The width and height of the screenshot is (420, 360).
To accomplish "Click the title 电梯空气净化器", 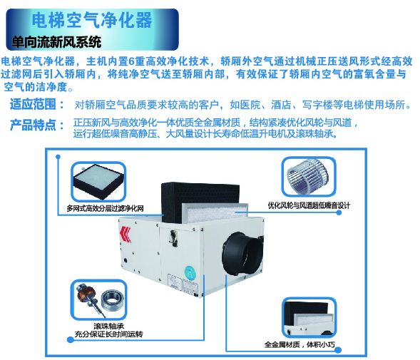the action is coord(92,21).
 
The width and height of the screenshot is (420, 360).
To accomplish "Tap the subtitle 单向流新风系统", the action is coord(56,42).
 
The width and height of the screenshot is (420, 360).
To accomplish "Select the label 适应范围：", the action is coord(37,104).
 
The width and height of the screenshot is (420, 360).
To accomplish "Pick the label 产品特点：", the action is coord(37,125).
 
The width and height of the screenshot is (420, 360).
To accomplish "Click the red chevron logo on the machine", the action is coord(126,234).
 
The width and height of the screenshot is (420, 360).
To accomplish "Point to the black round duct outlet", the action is coord(242,253).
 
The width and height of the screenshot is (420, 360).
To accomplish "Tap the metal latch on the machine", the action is coord(173,238).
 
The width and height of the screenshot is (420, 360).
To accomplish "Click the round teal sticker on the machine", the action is coord(190,273).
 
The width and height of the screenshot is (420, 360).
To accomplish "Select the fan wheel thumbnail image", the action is coord(309,177).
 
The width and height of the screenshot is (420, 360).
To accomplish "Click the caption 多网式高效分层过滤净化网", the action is coord(105,208).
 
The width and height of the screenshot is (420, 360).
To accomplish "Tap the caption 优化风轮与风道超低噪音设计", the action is coord(309,205).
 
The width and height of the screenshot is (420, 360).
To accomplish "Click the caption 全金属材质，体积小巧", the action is coord(299,344).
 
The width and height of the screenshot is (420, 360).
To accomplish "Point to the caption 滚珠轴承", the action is coord(109,326).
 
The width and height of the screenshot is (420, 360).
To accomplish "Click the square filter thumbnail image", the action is coord(98,181).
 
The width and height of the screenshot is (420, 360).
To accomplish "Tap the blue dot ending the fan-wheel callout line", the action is coord(339,212).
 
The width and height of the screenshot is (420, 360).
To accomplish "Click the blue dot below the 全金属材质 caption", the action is coord(338,350).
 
